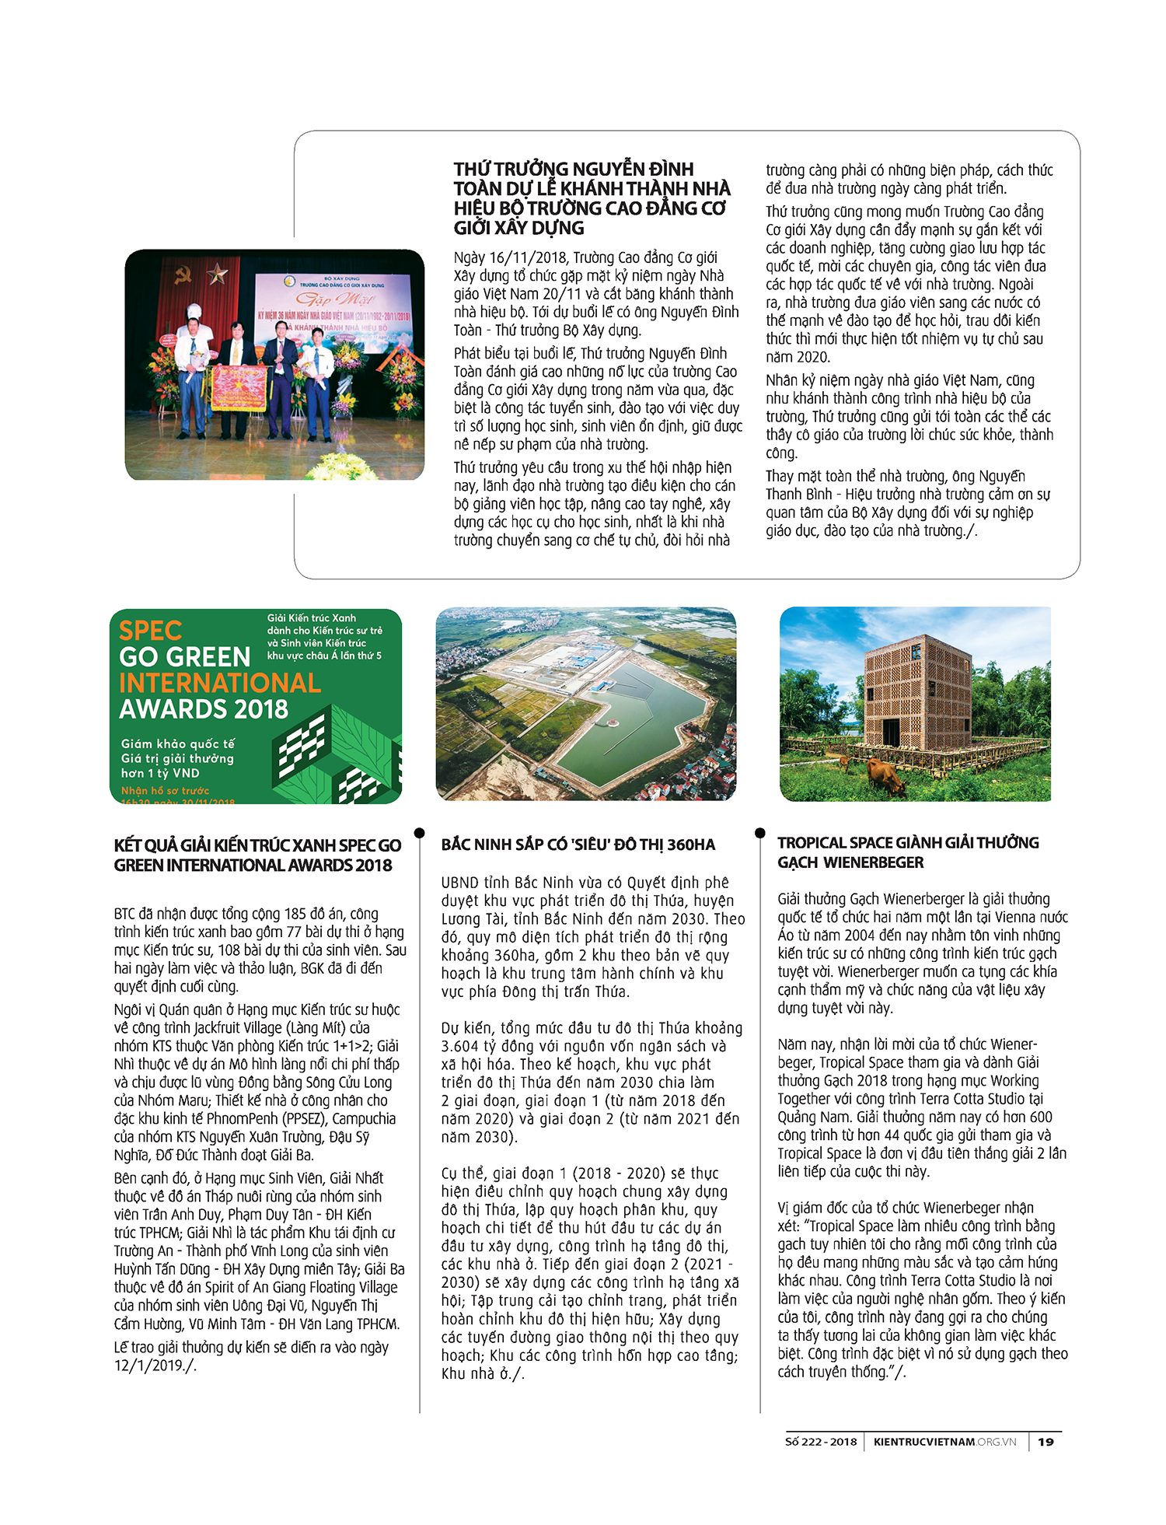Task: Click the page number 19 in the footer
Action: click(x=1046, y=1442)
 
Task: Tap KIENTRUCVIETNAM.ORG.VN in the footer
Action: click(x=944, y=1442)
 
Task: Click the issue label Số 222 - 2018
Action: click(x=821, y=1442)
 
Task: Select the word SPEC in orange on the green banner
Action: click(x=150, y=631)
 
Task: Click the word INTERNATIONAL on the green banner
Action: click(x=219, y=683)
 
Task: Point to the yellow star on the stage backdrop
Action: click(x=217, y=273)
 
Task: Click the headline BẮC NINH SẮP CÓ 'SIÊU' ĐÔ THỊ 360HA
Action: click(x=578, y=845)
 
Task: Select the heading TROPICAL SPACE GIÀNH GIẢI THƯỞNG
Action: click(x=907, y=843)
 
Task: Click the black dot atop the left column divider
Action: click(x=420, y=833)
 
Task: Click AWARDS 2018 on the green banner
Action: click(x=204, y=709)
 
